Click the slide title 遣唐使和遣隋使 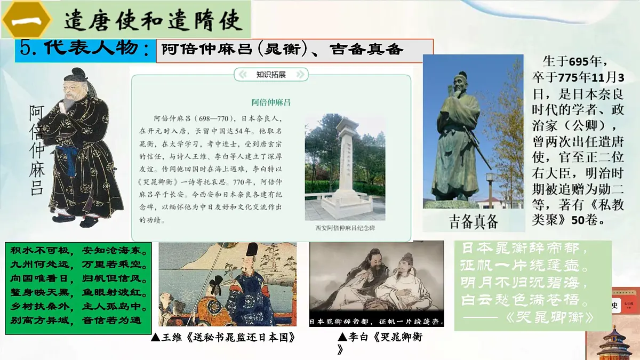(154, 20)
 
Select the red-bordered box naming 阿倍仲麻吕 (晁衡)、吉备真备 (294, 50)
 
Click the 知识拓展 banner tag (271, 75)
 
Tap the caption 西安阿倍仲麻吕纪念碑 (345, 228)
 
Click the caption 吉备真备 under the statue (474, 221)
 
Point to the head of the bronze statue (459, 83)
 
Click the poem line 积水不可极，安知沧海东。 (78, 251)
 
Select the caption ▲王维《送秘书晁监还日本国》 (223, 338)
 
